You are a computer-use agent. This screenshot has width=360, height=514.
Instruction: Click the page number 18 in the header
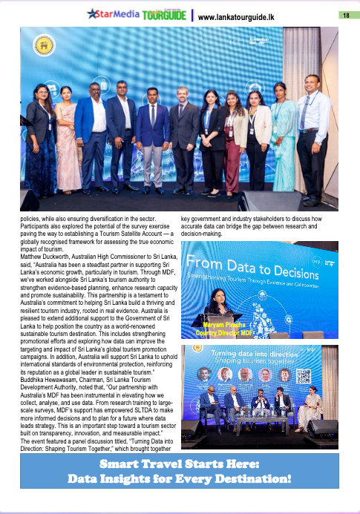click(x=346, y=16)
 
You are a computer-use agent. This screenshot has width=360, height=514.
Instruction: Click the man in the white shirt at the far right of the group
click(x=311, y=134)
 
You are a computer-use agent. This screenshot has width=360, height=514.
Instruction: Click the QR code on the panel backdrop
click(x=303, y=375)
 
